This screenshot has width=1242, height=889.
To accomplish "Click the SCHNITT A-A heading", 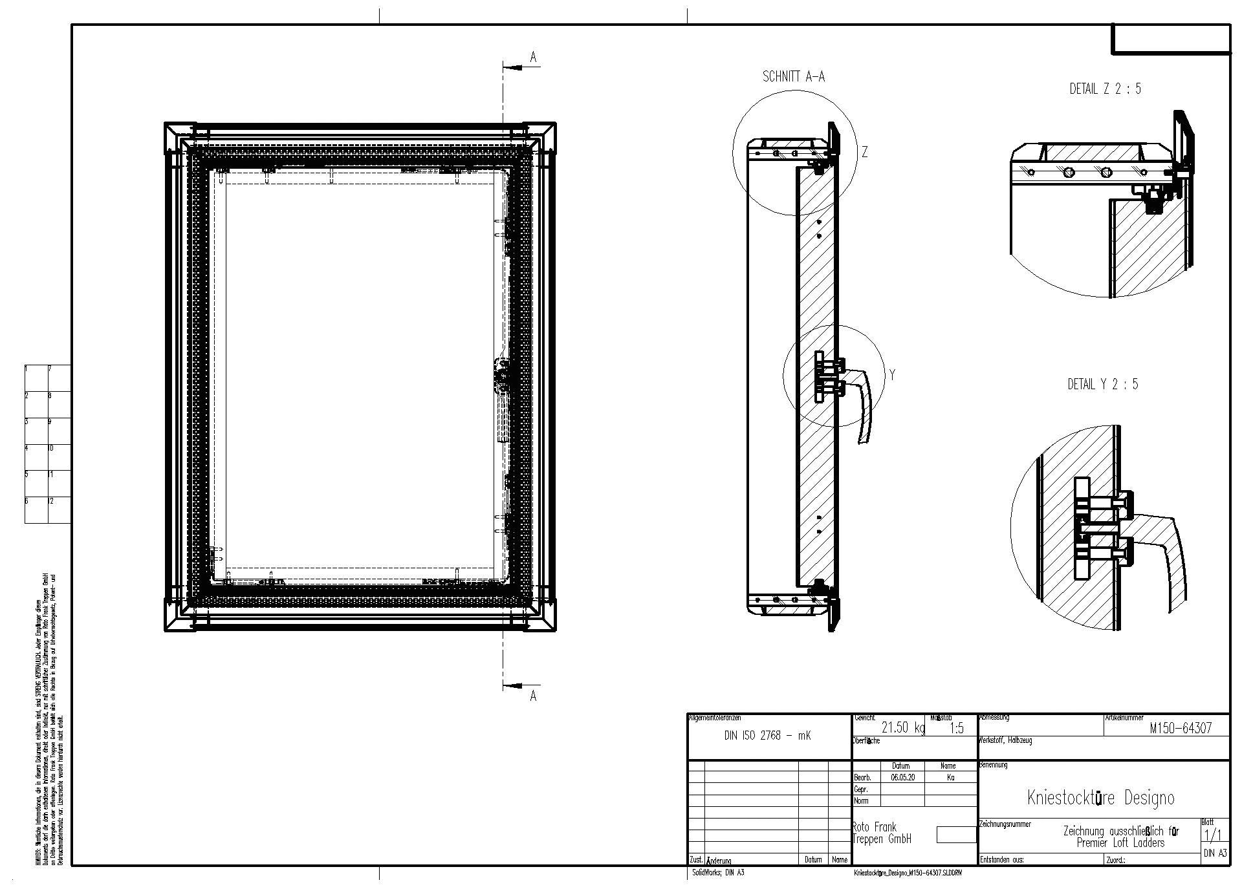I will pos(794,77).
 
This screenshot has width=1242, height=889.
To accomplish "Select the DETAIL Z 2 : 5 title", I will pos(1105,89).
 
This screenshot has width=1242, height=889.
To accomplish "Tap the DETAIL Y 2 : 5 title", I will pos(1102,384).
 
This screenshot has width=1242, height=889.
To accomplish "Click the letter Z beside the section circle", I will pos(864,153).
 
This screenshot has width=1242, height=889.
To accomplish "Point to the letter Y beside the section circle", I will pos(892,375).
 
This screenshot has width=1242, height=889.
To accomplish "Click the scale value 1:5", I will pos(957,729).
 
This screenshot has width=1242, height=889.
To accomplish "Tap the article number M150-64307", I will pos(1181,728).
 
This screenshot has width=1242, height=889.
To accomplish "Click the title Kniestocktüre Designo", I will pos(1100,798).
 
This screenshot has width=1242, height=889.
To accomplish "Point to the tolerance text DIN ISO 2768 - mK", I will pos(767,736).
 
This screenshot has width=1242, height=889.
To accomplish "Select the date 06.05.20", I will pos(902,778).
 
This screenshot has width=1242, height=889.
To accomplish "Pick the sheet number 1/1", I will pos(1213,835).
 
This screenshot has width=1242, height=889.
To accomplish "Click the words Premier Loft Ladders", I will pos(1120,843).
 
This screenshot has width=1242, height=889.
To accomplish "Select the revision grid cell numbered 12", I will pos(58,509).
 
